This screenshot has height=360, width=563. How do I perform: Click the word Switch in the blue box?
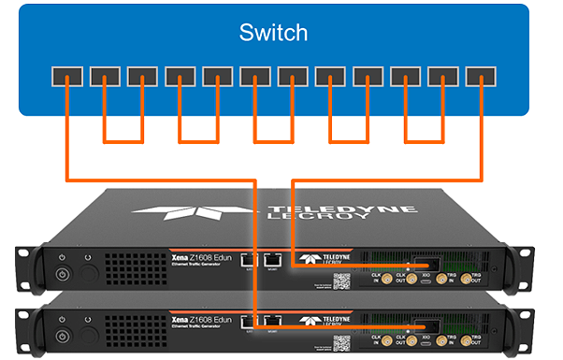point(273,34)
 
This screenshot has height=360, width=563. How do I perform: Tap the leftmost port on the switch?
point(65,75)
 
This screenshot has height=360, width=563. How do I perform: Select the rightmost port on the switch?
point(479,75)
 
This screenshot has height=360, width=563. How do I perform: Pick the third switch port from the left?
point(140,75)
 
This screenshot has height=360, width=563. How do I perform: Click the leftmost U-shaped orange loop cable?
point(122,140)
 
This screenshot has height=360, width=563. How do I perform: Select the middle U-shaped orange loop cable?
point(272,140)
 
